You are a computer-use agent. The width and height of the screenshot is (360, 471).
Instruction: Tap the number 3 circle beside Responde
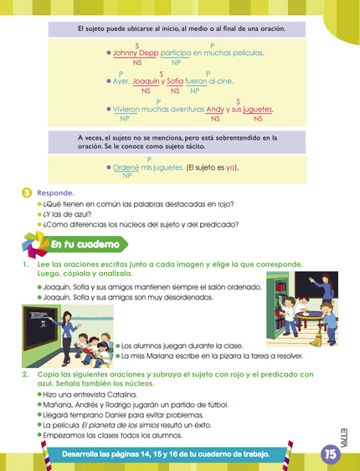coord(27,192)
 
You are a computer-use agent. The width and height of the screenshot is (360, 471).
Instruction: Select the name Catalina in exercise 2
coord(116,392)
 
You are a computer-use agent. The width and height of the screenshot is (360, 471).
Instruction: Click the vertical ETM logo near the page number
coord(344,433)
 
